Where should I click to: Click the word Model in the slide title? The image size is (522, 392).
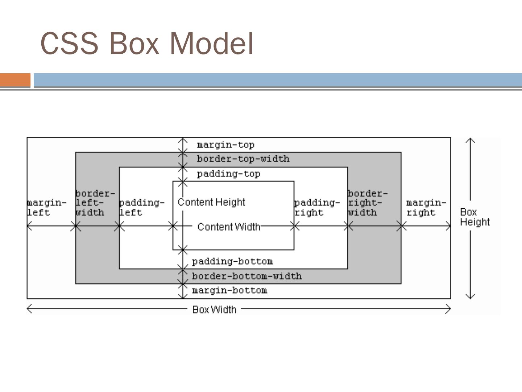211,44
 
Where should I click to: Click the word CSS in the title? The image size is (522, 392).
69,44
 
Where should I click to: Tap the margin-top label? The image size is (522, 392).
225,145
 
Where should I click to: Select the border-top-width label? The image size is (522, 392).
243,159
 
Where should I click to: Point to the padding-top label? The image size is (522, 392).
228,174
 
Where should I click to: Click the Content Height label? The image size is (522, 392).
211,202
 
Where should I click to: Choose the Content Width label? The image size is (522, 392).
229,227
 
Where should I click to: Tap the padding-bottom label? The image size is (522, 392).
232,261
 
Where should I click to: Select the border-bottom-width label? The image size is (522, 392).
246,276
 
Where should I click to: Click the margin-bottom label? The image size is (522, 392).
229,290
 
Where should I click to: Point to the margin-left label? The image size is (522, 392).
46,208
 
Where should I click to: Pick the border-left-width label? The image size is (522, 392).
94,203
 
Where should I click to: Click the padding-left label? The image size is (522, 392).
141,208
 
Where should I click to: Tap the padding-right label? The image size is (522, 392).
316,208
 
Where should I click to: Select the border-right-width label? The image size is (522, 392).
367,203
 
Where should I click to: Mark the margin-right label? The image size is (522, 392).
426,208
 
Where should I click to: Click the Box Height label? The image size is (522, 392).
475,217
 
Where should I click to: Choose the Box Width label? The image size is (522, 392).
214,310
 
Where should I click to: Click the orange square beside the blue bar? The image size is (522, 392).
15,80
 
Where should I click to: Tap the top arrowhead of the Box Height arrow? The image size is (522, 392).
470,139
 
